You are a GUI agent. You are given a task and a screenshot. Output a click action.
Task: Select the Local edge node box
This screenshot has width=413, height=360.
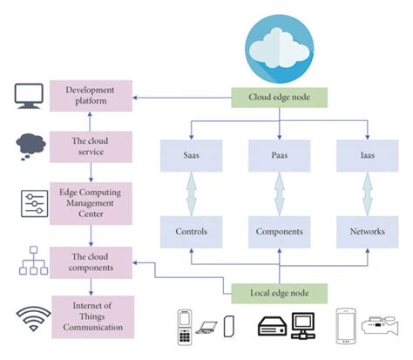(x=278, y=292)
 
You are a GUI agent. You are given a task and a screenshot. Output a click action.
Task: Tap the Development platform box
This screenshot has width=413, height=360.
(x=91, y=95)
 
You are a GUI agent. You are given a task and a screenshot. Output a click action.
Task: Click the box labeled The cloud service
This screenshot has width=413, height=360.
(x=91, y=145)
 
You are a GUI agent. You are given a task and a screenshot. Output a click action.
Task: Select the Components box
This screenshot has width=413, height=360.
(x=279, y=232)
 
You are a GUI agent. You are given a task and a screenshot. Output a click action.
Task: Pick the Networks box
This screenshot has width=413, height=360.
(x=366, y=232)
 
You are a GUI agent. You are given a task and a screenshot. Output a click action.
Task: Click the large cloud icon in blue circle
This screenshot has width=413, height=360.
(x=279, y=44)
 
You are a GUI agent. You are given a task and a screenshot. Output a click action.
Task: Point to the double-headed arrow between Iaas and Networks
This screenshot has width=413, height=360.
(x=366, y=193)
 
